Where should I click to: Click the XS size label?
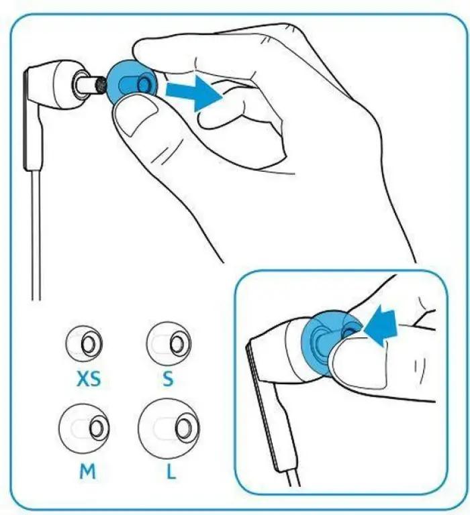point(88,379)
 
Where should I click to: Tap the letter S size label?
point(168,379)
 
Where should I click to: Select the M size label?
point(87,471)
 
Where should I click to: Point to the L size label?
point(171,471)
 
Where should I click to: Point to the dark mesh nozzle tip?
point(100,84)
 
